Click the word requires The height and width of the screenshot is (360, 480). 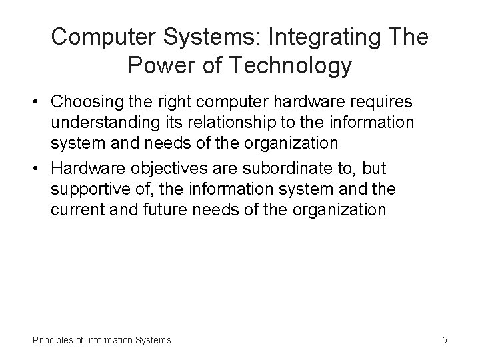(378, 103)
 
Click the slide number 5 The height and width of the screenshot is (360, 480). (444, 340)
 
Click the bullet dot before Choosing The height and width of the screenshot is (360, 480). (41, 103)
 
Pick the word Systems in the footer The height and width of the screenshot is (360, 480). (152, 340)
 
